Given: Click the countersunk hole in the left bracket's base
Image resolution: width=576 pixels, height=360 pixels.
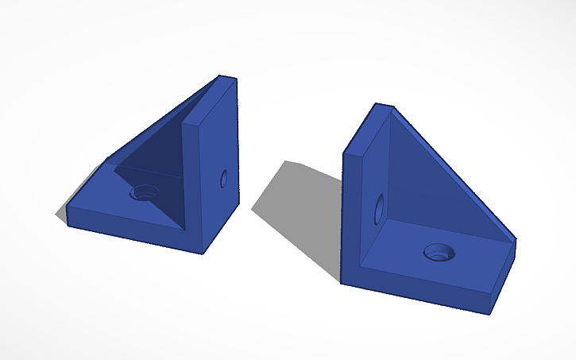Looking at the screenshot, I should pyautogui.click(x=145, y=192).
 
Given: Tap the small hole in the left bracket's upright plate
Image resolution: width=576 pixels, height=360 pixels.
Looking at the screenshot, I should pyautogui.click(x=224, y=178).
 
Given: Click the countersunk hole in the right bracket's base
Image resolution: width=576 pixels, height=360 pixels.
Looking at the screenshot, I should pyautogui.click(x=439, y=253).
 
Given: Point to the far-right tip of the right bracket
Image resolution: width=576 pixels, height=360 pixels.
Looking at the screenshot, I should pyautogui.click(x=516, y=241).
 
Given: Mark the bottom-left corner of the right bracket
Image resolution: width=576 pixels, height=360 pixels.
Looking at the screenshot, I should pyautogui.click(x=342, y=281).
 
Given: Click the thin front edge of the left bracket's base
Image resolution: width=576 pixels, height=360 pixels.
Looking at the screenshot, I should pyautogui.click(x=131, y=231).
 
